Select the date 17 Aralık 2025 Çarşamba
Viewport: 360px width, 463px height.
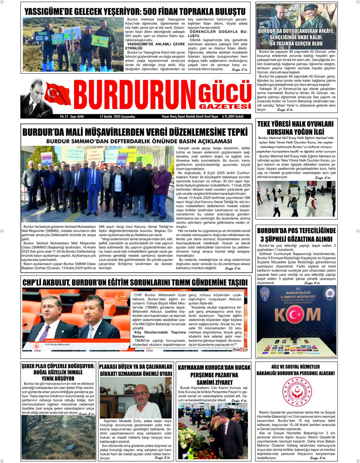click(117, 116)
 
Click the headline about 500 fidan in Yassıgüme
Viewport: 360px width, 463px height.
click(135, 11)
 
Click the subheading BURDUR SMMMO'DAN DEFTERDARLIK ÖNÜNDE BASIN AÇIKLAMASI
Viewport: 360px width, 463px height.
click(139, 141)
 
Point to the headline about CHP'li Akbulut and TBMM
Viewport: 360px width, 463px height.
click(135, 282)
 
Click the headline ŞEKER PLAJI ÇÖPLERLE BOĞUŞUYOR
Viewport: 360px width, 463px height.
click(58, 372)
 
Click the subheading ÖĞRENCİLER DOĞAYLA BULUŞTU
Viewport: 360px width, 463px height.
click(218, 33)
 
